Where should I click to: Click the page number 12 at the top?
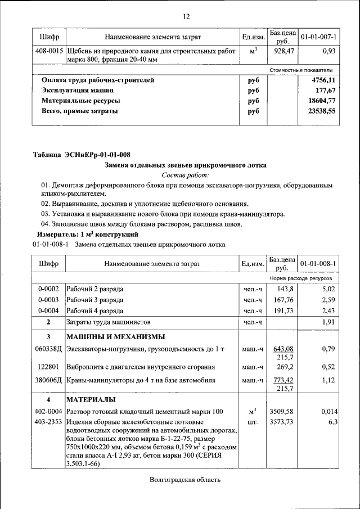[x=186, y=16]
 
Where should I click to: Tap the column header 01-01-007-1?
[x=318, y=37]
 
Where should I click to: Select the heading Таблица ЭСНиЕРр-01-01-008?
[x=82, y=155]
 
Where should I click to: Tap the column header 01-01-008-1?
[x=318, y=263]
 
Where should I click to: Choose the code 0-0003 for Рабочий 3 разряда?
[x=48, y=300]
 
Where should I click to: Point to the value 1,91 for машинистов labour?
[x=328, y=322]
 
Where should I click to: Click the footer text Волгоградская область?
[x=185, y=480]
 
